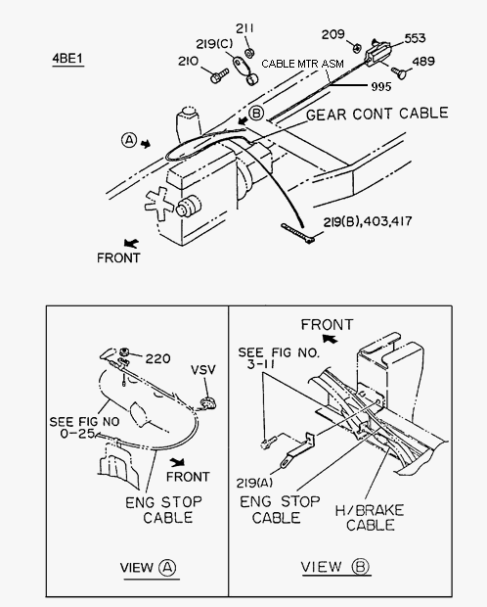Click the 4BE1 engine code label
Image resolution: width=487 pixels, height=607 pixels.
click(x=67, y=59)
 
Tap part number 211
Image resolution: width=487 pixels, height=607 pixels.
click(x=244, y=28)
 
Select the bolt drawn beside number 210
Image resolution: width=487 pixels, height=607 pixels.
click(x=220, y=75)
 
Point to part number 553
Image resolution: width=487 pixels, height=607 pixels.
click(x=415, y=38)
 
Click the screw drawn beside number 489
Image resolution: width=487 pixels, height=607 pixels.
click(x=399, y=72)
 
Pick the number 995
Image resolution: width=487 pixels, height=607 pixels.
click(x=381, y=87)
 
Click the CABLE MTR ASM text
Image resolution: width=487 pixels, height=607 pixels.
click(x=302, y=64)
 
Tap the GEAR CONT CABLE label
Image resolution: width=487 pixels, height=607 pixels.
click(x=377, y=114)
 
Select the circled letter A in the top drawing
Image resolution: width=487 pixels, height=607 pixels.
click(x=129, y=140)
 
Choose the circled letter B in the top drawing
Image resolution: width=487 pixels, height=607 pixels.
click(x=255, y=114)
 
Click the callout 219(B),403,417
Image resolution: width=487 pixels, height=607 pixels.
click(x=368, y=221)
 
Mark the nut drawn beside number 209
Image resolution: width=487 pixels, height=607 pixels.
click(x=357, y=48)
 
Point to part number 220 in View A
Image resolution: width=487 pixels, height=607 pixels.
click(x=157, y=359)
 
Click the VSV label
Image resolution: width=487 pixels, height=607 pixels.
click(x=203, y=370)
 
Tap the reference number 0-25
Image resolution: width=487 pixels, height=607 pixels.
click(x=76, y=434)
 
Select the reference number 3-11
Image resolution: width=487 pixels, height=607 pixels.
click(x=261, y=364)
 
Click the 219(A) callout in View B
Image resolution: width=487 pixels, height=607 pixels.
click(x=254, y=483)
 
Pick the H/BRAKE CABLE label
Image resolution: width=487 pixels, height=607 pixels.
click(x=370, y=518)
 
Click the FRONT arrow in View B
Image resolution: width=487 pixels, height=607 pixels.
click(x=330, y=339)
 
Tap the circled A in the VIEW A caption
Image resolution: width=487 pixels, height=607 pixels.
click(x=167, y=568)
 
